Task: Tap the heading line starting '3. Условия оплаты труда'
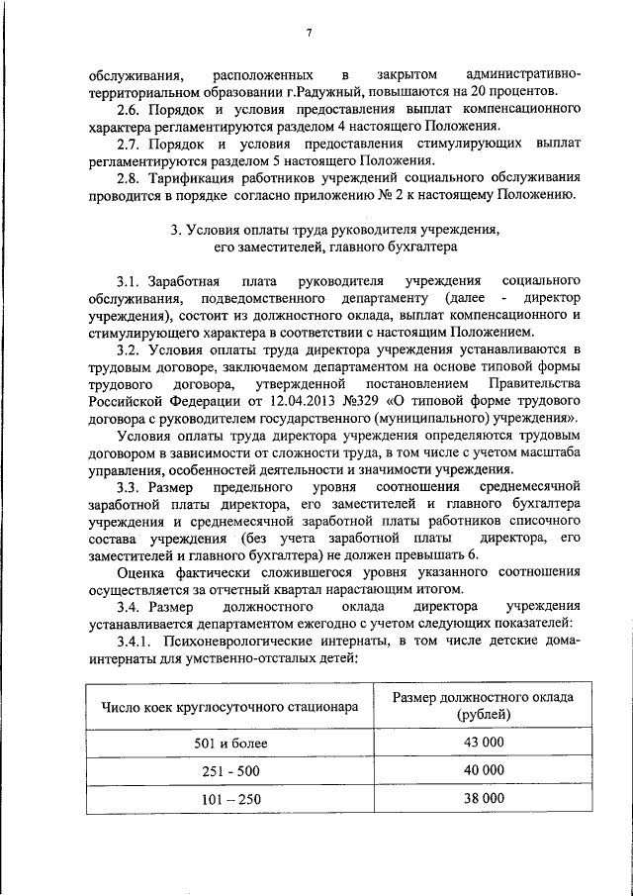point(334,229)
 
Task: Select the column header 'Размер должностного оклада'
point(482,698)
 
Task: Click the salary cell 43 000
point(483,743)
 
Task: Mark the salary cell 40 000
point(483,770)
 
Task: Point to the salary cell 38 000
point(483,798)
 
